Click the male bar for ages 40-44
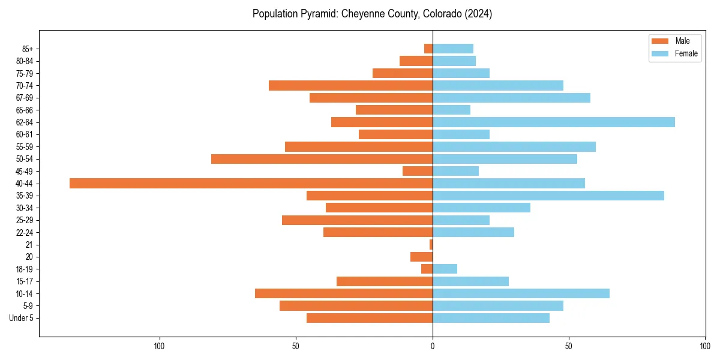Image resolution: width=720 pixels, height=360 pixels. click(251, 184)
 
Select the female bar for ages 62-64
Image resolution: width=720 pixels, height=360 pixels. click(553, 122)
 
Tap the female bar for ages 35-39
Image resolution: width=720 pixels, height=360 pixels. click(548, 196)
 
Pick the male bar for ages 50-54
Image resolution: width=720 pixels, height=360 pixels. click(322, 159)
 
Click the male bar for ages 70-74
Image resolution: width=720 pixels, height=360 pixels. click(350, 86)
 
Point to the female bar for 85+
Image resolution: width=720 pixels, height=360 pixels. click(453, 49)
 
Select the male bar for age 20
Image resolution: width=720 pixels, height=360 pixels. click(421, 257)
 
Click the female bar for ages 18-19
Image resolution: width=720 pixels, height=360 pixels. click(445, 269)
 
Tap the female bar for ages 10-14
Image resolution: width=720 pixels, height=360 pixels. click(521, 293)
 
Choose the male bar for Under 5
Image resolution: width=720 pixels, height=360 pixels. click(370, 318)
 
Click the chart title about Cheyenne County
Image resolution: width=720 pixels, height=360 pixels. click(372, 14)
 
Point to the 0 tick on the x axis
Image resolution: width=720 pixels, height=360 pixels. click(433, 346)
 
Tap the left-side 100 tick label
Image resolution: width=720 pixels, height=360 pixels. click(159, 346)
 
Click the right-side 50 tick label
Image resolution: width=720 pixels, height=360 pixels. click(569, 346)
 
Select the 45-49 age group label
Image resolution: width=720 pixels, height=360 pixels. click(25, 172)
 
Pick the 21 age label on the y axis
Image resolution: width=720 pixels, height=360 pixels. click(29, 245)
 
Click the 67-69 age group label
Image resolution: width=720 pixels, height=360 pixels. click(25, 98)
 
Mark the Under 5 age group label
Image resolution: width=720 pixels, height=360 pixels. click(22, 318)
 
